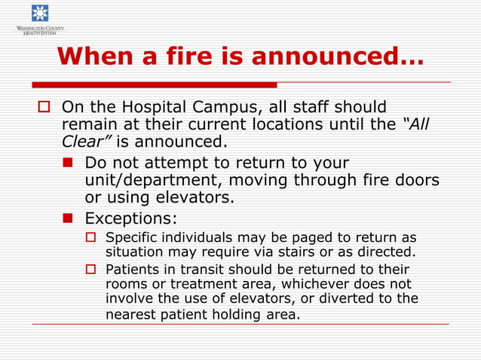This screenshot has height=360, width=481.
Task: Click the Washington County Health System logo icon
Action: coord(39,14)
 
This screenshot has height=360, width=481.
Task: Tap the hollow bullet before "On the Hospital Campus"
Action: coord(44,107)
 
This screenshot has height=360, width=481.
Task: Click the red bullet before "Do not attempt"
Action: coord(69,163)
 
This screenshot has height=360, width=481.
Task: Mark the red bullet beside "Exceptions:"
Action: coord(69,218)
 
